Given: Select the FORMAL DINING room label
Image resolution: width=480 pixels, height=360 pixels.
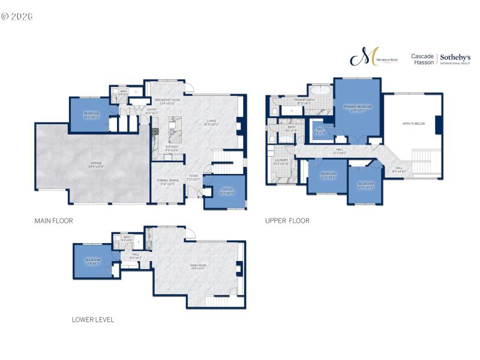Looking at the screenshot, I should tap(168, 181).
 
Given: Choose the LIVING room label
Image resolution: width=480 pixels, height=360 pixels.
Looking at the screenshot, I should tap(212, 122).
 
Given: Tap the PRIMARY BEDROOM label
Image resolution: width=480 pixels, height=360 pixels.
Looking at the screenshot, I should tap(357, 108).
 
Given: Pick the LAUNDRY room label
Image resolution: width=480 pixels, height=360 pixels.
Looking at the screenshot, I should tap(281, 161).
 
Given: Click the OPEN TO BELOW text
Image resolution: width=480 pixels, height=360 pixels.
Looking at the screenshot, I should tap(414, 123).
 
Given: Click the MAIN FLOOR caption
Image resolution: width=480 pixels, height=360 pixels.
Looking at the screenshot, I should tap(53, 221).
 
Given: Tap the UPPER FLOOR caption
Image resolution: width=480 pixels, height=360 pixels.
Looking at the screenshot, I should tap(287, 221).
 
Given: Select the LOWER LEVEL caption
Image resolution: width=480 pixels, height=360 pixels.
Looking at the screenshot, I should tap(93, 320).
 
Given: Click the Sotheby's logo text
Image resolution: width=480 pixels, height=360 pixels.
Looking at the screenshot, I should tap(455, 57).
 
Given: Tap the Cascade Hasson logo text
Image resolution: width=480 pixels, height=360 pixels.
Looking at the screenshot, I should tap(422, 59).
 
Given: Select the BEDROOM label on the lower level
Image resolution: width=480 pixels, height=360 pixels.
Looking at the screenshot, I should tap(92, 261).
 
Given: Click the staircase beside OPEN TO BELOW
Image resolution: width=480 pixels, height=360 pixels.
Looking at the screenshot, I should tap(427, 161).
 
